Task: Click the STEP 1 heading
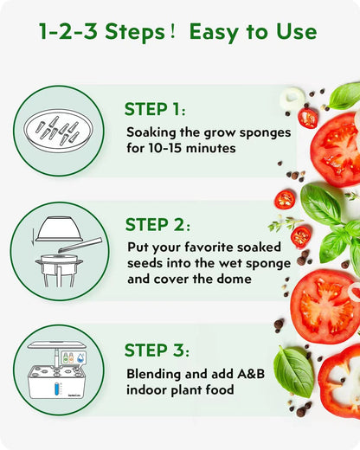pos(155,110)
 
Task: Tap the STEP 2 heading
pos(156,225)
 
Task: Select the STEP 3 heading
pos(156,350)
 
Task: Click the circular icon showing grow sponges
pos(59,131)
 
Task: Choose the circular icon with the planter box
pos(59,366)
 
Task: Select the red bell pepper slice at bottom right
pos(339,380)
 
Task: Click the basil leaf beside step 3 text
pos(293,370)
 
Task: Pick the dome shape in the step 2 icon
pos(59,228)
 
